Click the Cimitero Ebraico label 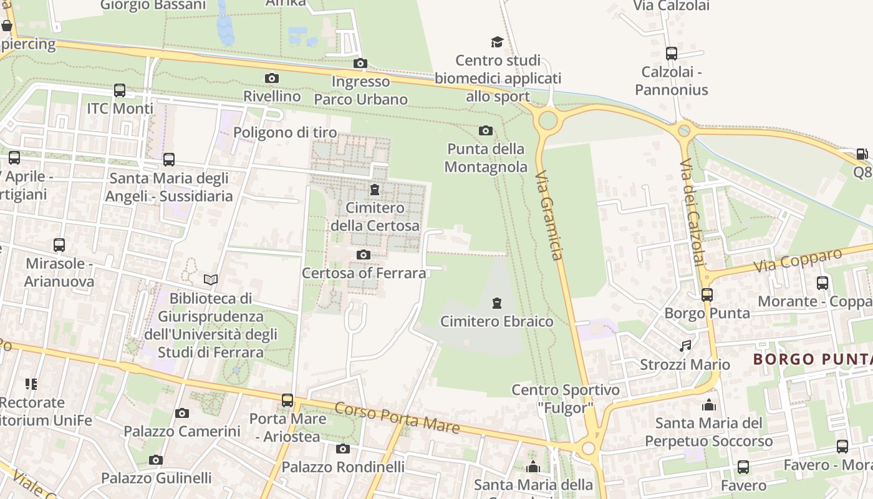click(496, 321)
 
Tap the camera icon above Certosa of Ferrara click(364, 254)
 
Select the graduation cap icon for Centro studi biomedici click(497, 42)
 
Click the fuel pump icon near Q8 click(862, 154)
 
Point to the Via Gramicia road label click(549, 215)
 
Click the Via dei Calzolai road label click(692, 212)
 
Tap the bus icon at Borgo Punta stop click(707, 294)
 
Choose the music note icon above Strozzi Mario click(685, 346)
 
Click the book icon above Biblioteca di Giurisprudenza click(211, 280)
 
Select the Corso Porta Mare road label click(397, 418)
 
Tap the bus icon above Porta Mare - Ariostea click(287, 400)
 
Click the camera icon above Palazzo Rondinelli click(342, 448)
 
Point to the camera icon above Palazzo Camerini click(182, 413)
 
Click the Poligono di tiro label click(285, 132)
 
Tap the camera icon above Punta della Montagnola click(485, 130)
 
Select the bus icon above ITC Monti click(120, 90)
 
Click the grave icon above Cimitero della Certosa click(375, 190)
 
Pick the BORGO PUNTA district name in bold click(812, 359)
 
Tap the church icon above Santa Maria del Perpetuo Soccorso click(708, 405)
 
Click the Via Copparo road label click(798, 260)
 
